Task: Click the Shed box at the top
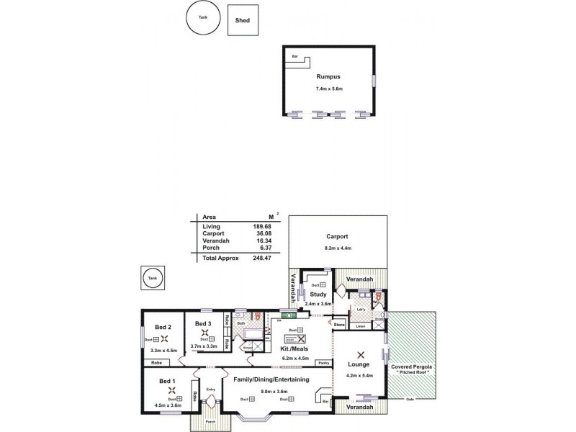pyautogui.click(x=243, y=20)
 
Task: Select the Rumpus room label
pyautogui.click(x=328, y=76)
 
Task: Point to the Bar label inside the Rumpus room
pyautogui.click(x=295, y=56)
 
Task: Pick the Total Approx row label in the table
pyautogui.click(x=220, y=257)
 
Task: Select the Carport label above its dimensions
pyautogui.click(x=337, y=236)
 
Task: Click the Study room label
pyautogui.click(x=318, y=294)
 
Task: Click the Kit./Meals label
pyautogui.click(x=294, y=348)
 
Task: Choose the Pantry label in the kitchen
pyautogui.click(x=323, y=363)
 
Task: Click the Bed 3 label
pyautogui.click(x=203, y=323)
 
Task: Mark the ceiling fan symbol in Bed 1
pyautogui.click(x=171, y=390)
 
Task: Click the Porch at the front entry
pyautogui.click(x=211, y=421)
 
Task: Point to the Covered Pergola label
pyautogui.click(x=412, y=367)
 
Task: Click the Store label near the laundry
pyautogui.click(x=340, y=325)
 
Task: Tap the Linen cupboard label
pyautogui.click(x=361, y=326)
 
